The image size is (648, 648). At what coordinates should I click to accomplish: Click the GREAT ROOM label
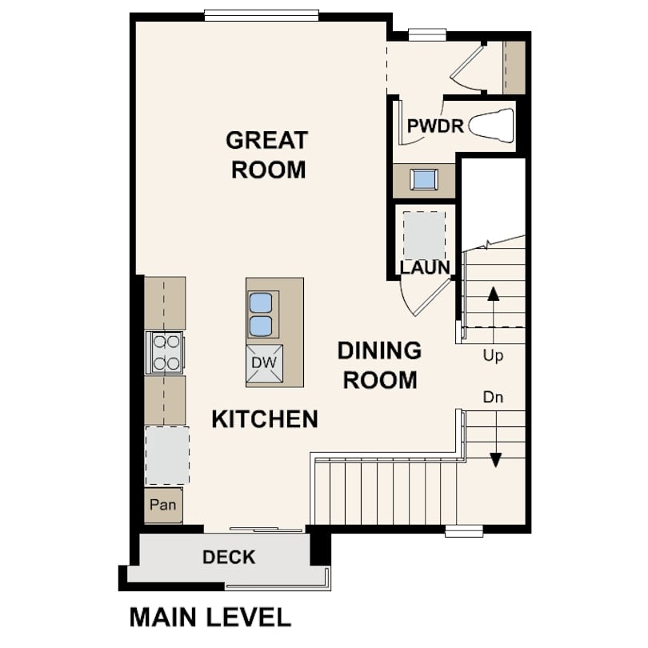267,155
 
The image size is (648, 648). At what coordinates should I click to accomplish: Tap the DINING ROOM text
380,366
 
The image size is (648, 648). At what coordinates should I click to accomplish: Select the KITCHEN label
265,419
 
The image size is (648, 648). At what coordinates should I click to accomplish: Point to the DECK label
229,557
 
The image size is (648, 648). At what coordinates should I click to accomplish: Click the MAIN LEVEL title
210,618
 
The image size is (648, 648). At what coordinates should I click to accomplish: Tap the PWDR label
435,126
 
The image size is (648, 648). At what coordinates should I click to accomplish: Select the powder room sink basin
423,180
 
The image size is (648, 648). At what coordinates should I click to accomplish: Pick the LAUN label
425,267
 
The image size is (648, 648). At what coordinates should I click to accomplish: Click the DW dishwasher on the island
265,364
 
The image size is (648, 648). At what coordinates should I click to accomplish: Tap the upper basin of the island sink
260,302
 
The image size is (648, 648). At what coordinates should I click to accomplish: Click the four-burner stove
166,353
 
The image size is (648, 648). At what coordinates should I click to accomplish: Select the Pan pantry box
163,505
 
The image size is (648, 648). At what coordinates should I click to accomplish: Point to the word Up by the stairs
493,356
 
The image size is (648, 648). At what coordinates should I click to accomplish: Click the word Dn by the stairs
493,398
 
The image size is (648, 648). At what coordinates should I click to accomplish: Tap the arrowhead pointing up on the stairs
494,294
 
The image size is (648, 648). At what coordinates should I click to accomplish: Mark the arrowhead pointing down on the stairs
495,460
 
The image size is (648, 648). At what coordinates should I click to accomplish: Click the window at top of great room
262,16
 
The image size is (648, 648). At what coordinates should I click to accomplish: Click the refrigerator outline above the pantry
167,455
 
